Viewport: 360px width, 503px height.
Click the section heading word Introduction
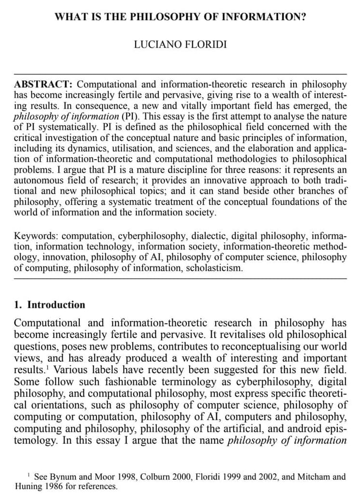[56, 304]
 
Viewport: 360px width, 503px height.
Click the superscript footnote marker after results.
[52, 368]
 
